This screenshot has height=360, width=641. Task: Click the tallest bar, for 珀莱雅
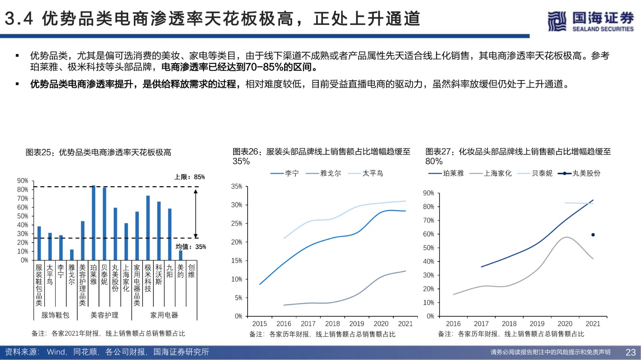[93, 222]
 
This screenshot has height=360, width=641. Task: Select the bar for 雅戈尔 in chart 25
[72, 255]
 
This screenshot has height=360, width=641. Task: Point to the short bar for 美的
[181, 255]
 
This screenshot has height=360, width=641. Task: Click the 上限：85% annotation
[189, 177]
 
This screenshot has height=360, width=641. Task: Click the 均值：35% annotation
[191, 247]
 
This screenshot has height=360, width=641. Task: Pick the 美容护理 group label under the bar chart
[104, 315]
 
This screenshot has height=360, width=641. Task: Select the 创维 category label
[191, 271]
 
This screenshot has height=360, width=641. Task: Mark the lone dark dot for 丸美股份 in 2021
[593, 235]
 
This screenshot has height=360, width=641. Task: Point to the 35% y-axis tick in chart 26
[237, 186]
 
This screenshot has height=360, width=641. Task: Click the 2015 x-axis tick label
[260, 324]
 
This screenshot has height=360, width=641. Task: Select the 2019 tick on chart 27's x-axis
[537, 324]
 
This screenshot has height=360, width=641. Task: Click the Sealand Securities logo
[591, 21]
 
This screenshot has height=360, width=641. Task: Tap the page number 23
[631, 352]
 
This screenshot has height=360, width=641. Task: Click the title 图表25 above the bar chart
[99, 153]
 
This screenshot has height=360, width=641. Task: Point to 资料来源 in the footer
[22, 352]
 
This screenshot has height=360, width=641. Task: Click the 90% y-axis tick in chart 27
[428, 193]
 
